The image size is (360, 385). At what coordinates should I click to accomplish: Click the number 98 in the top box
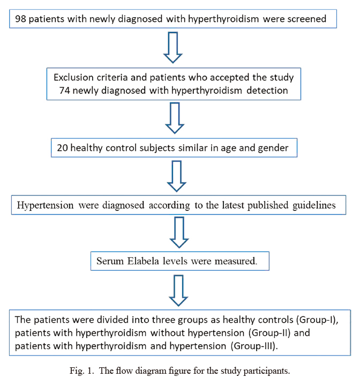tap(20, 19)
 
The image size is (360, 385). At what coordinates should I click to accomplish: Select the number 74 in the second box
tap(64, 91)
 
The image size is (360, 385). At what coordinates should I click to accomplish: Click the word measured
tap(236, 261)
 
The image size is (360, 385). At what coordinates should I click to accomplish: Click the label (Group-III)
tap(254, 346)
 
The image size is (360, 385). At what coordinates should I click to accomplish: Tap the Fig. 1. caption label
tap(81, 371)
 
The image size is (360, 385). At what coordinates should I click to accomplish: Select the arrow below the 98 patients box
tap(173, 47)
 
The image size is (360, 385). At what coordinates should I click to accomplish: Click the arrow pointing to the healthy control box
tap(175, 118)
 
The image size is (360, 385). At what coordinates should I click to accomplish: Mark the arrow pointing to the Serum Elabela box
tap(179, 232)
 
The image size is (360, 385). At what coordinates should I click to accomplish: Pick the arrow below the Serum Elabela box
tap(178, 291)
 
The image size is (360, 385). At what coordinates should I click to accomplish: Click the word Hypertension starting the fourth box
tap(45, 205)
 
